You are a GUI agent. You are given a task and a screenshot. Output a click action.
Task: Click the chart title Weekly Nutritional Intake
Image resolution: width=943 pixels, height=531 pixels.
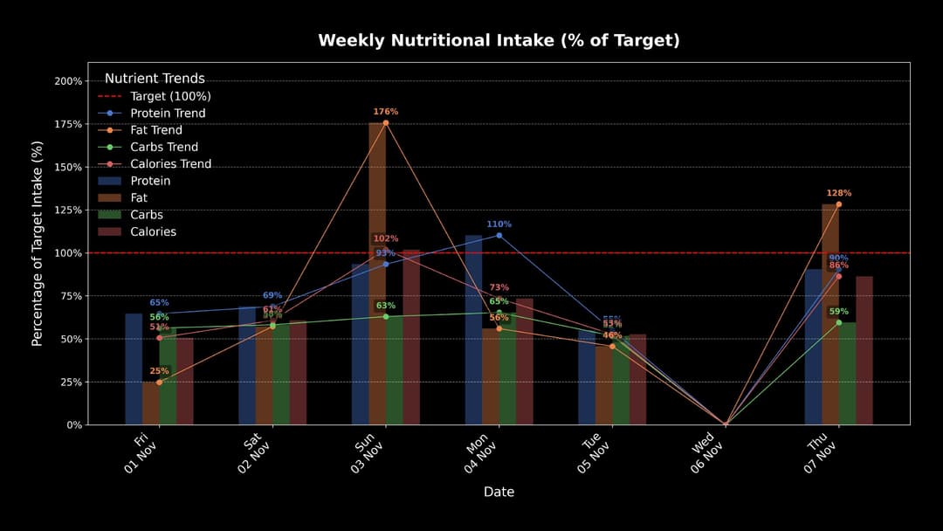click(x=499, y=40)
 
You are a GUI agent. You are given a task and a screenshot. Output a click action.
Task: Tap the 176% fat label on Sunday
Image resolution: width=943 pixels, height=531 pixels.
click(x=385, y=112)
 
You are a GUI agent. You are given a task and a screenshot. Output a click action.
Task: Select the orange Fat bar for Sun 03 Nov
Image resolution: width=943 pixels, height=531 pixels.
click(x=377, y=279)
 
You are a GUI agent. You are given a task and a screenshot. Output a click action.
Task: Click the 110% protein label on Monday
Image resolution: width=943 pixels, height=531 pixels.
click(x=499, y=224)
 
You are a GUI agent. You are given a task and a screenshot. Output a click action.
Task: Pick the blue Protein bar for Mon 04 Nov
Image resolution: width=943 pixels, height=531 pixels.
click(x=473, y=332)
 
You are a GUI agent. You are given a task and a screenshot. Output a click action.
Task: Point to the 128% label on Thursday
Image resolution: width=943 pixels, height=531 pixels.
click(x=838, y=193)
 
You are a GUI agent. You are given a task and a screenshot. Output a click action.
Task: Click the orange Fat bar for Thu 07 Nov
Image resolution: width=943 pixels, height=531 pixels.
click(x=830, y=314)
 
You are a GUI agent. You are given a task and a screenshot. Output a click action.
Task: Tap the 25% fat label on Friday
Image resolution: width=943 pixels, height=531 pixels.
click(x=159, y=371)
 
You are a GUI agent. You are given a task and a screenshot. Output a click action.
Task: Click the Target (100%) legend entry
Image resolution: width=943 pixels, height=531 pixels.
click(x=170, y=96)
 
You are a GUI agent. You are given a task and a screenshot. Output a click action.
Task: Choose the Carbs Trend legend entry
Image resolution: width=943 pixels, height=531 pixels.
click(x=164, y=147)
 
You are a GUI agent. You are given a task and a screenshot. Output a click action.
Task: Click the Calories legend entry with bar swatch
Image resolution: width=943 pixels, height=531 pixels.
click(x=153, y=231)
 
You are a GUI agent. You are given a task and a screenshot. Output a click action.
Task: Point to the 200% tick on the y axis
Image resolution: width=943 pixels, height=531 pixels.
click(x=69, y=81)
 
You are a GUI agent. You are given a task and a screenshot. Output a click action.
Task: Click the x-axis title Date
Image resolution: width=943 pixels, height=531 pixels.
click(x=499, y=492)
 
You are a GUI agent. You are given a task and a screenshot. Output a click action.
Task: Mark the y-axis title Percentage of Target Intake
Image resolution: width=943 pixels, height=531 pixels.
click(x=38, y=244)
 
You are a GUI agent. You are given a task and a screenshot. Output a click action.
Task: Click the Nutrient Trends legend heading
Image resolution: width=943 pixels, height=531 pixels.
click(x=155, y=79)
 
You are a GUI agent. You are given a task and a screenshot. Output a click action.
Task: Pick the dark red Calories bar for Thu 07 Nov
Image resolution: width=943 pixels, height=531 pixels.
click(x=864, y=349)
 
